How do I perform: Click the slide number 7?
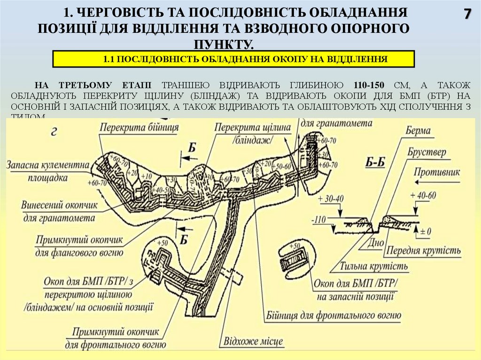[x=467, y=14]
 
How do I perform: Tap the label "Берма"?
[x=419, y=131]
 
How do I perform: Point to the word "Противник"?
[x=437, y=172]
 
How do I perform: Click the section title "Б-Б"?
[x=375, y=163]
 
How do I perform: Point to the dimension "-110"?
[x=320, y=219]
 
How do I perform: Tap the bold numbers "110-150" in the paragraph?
[x=368, y=85]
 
